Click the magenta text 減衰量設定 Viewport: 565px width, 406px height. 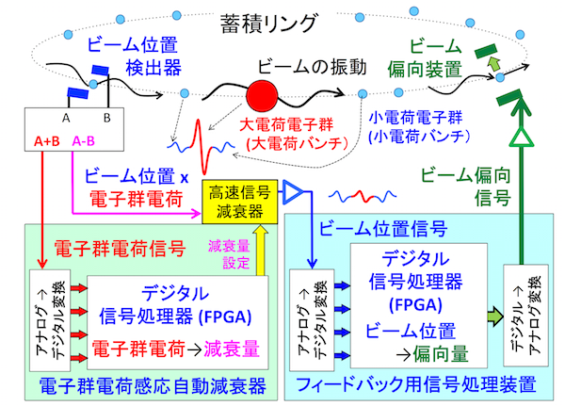[228, 253]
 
